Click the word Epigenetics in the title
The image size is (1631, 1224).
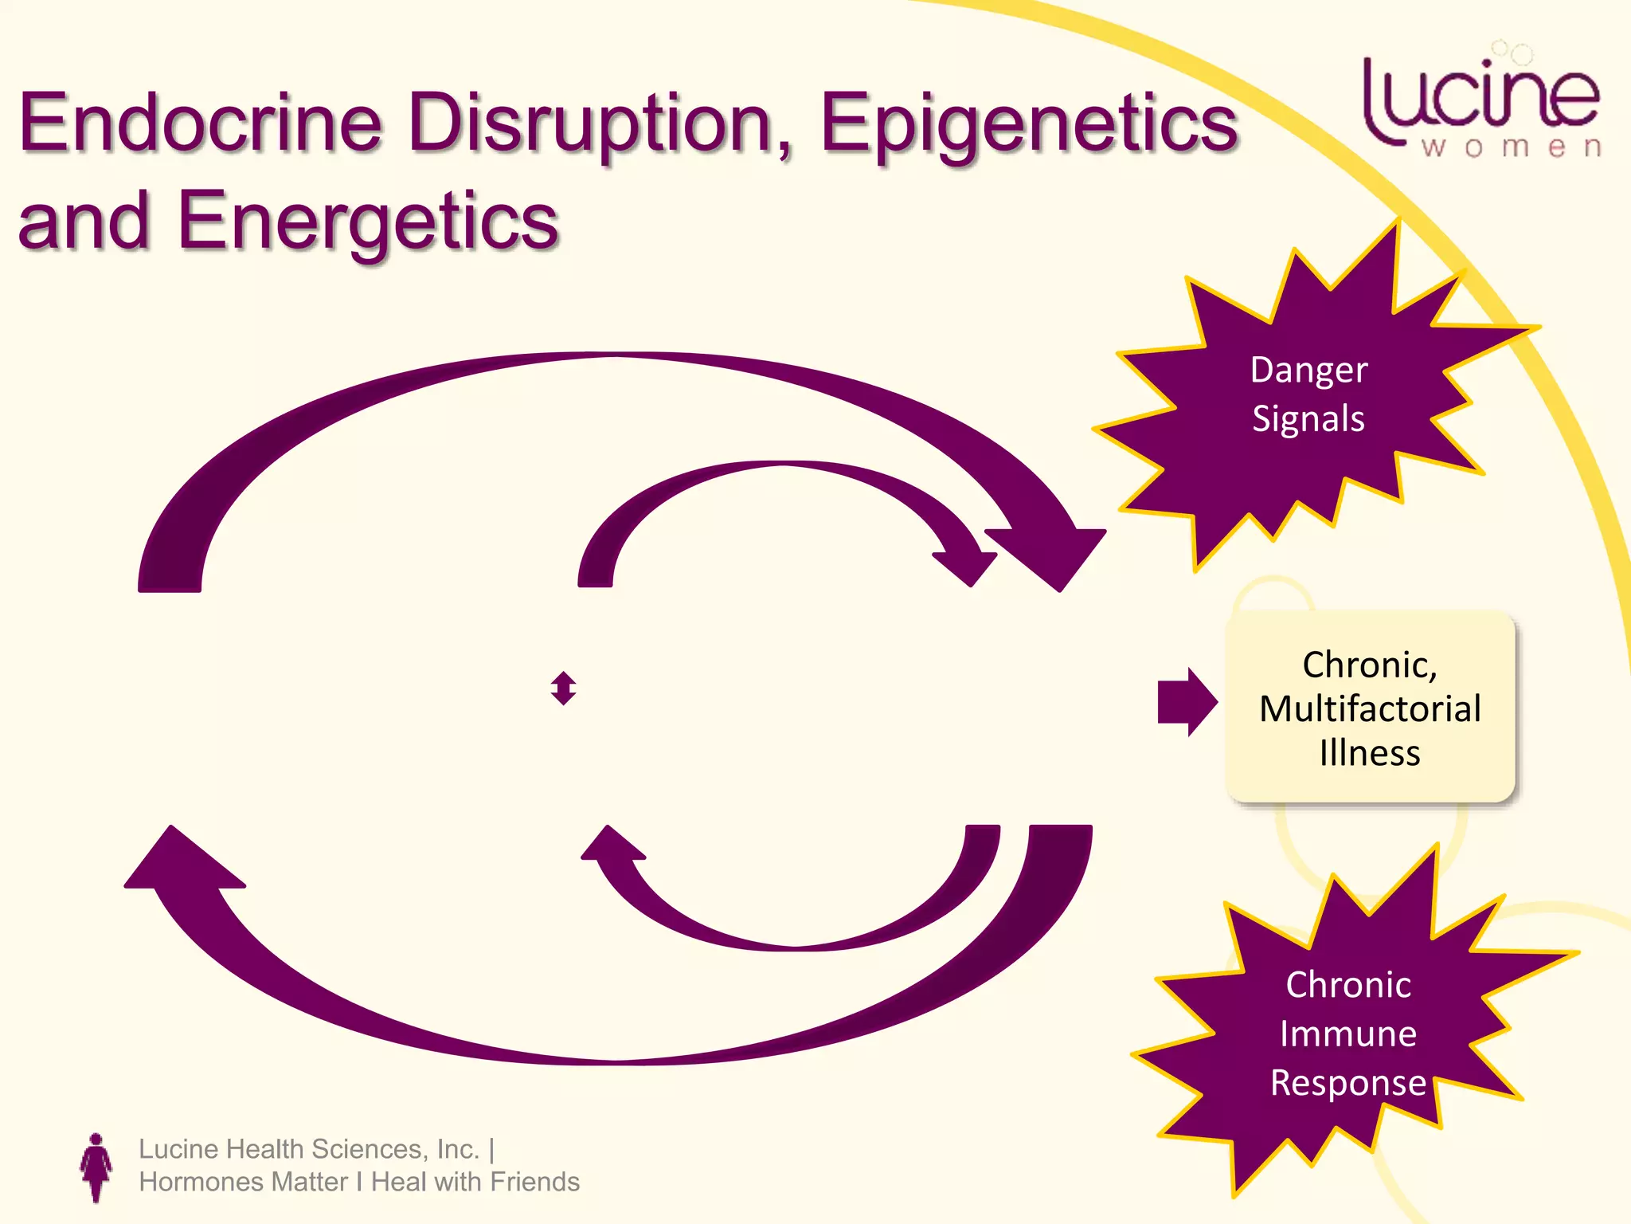(1028, 124)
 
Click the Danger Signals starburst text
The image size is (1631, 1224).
(1308, 394)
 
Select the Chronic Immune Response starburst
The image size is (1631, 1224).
(1347, 1034)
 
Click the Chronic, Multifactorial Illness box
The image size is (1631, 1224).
(1370, 708)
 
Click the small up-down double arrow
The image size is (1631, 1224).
(563, 688)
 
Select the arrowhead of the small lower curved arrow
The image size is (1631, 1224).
(612, 845)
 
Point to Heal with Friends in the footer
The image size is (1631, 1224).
(475, 1182)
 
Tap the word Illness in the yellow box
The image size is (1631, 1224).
(1370, 753)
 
